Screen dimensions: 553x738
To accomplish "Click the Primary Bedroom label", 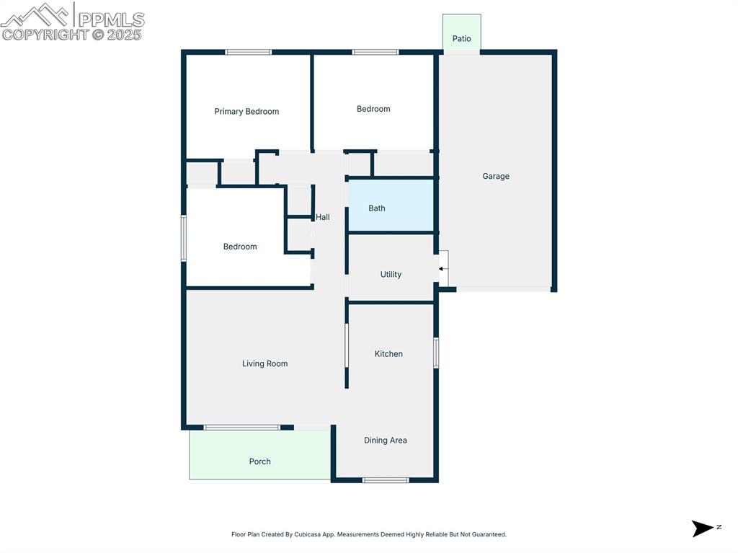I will [x=246, y=112].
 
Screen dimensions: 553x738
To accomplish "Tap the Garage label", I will [x=496, y=176].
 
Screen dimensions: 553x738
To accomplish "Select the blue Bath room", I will [x=391, y=206].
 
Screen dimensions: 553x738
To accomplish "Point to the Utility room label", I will [x=391, y=275].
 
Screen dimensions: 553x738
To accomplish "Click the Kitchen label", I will [x=388, y=354].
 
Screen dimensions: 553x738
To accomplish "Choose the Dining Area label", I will [x=385, y=441].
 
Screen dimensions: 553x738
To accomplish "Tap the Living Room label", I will [x=264, y=364].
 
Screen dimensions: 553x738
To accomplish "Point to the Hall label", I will [x=323, y=217].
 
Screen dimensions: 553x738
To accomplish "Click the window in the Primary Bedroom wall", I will [x=248, y=52].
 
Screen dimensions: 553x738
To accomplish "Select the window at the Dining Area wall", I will [x=386, y=479].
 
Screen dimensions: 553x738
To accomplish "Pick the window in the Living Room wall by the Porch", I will [x=241, y=428].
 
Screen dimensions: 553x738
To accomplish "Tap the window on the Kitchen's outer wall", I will [x=436, y=353].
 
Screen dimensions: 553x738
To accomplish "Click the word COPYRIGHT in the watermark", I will [x=45, y=35].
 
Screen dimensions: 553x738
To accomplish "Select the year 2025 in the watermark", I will [x=125, y=35].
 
